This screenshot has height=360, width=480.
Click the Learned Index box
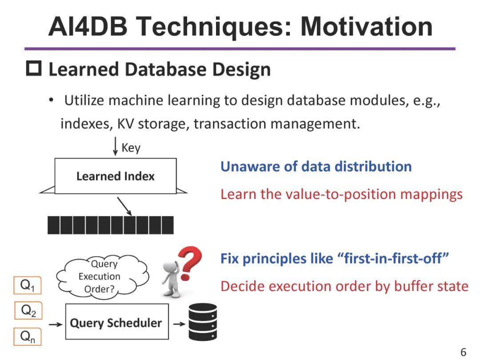[x=115, y=176]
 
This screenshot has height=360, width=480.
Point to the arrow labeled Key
[x=116, y=147]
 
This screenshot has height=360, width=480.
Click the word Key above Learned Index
[x=131, y=148]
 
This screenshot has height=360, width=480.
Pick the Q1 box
[x=27, y=286]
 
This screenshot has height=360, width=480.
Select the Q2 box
[x=28, y=311]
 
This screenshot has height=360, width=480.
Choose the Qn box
[x=28, y=337]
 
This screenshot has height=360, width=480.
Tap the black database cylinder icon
[x=202, y=322]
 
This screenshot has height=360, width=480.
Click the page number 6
[x=463, y=352]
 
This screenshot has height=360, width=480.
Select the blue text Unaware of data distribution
[x=316, y=167]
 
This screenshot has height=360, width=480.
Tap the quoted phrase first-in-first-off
[x=393, y=259]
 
